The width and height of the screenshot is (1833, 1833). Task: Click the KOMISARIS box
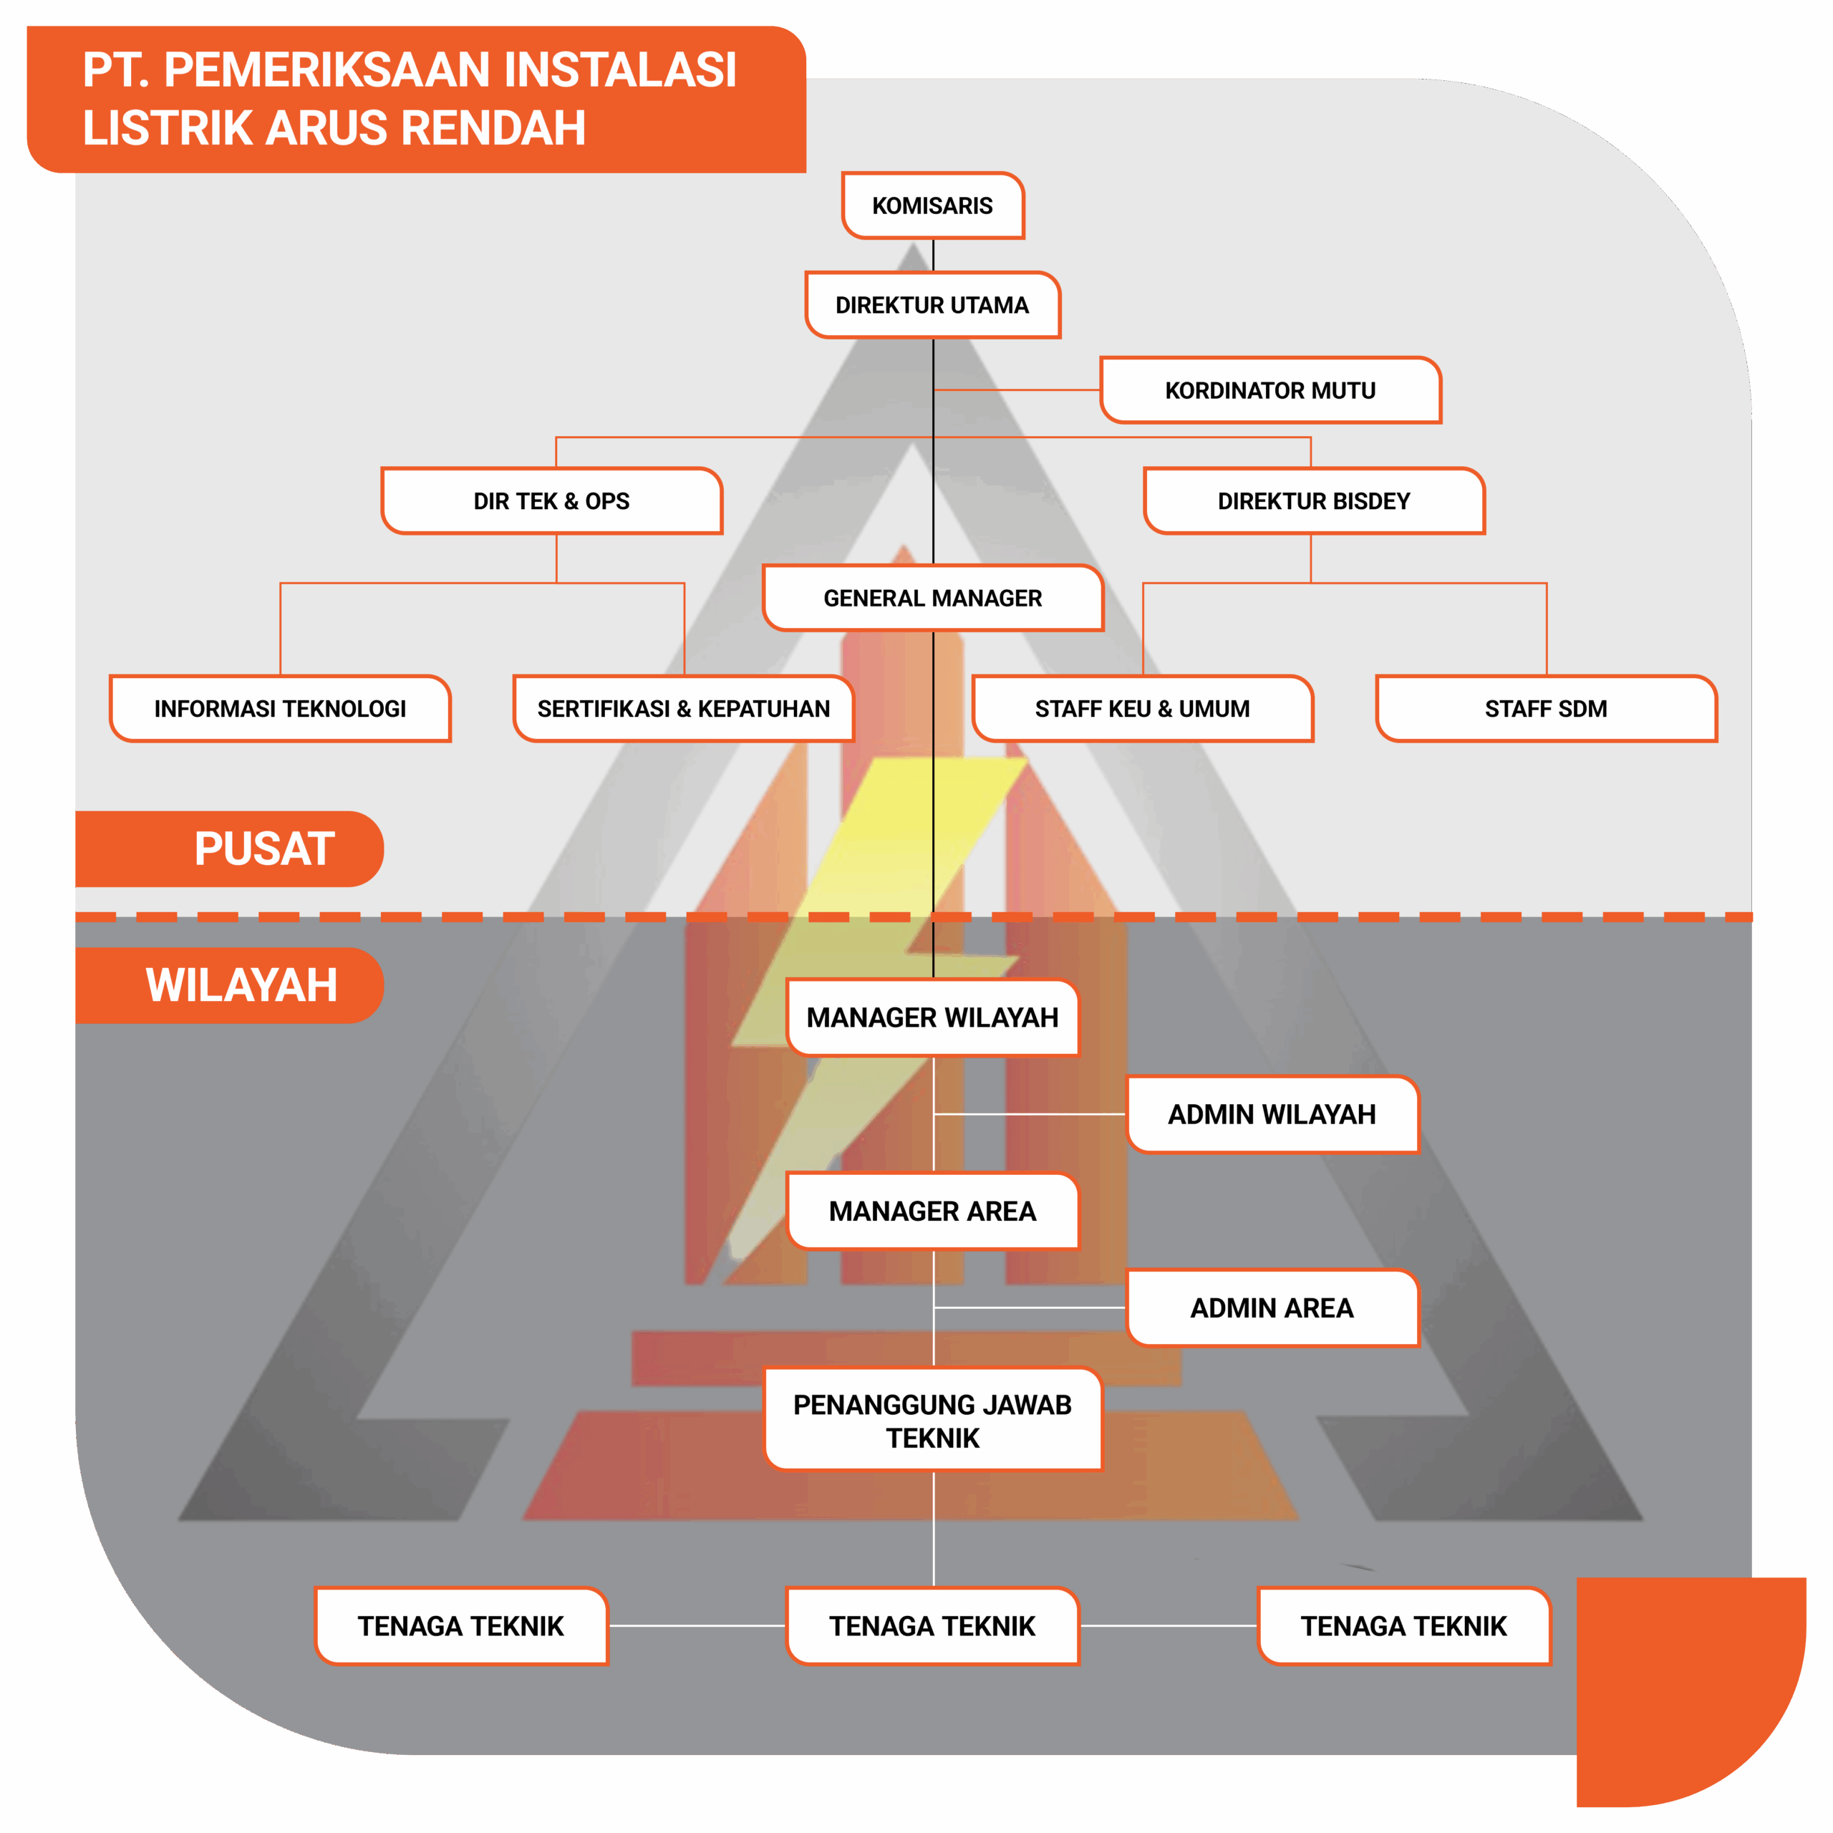click(x=933, y=205)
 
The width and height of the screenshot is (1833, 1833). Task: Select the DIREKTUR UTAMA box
click(x=933, y=304)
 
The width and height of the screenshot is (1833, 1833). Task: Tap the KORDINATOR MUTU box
click(x=1270, y=390)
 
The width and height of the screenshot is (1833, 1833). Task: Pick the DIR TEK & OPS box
click(x=551, y=501)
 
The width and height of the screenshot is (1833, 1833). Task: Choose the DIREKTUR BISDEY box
click(x=1314, y=501)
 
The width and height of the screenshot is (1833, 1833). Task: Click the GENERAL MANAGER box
click(x=933, y=598)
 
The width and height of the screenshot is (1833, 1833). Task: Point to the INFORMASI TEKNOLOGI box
click(x=280, y=709)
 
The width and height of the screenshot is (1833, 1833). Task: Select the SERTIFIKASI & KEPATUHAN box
click(x=683, y=709)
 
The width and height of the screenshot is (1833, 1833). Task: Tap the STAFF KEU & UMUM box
click(x=1142, y=709)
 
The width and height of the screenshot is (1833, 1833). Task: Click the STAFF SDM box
click(x=1547, y=709)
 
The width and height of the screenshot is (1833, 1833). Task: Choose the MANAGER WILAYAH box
click(x=933, y=1017)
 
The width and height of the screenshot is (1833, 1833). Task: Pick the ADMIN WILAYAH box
click(x=1272, y=1114)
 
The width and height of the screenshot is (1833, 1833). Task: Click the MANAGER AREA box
click(x=933, y=1211)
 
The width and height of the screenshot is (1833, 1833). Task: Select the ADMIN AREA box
click(x=1272, y=1307)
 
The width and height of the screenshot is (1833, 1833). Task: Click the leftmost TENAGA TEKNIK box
click(x=461, y=1626)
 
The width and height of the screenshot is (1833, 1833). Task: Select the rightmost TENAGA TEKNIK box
click(x=1404, y=1626)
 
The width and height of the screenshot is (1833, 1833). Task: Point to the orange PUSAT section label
click(x=230, y=849)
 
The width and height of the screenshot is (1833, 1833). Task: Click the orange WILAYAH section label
click(x=230, y=986)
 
